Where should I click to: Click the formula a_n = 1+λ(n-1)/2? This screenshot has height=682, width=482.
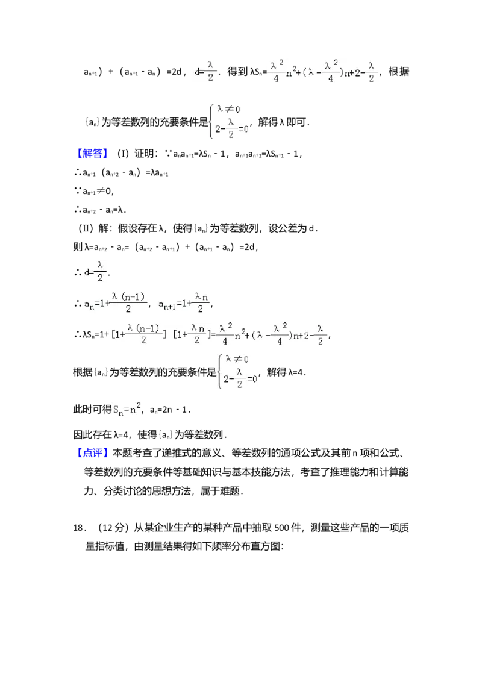[116, 304]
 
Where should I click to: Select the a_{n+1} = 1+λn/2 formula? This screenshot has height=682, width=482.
[183, 304]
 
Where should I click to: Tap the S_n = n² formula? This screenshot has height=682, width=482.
[128, 410]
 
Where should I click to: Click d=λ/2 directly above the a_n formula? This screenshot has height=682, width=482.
[96, 272]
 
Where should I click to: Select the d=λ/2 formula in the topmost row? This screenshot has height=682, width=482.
[205, 70]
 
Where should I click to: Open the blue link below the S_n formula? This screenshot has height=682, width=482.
[93, 452]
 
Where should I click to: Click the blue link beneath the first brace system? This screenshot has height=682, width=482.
[93, 153]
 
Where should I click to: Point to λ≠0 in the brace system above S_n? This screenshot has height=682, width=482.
[238, 360]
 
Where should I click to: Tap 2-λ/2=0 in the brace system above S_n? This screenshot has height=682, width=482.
[239, 378]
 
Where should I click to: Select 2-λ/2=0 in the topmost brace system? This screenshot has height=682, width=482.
[230, 128]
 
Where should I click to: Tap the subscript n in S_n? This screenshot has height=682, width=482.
[121, 414]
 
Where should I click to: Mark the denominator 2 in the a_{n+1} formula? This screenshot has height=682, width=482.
[201, 311]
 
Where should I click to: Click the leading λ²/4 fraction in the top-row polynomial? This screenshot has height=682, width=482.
[275, 72]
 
